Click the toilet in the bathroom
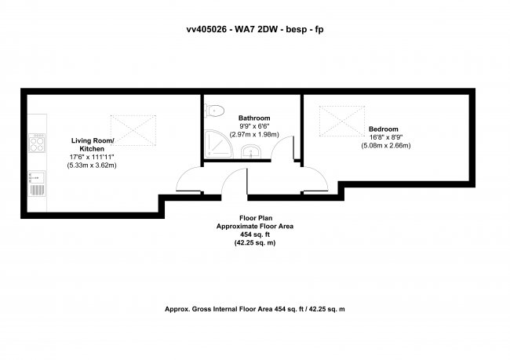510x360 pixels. click(x=214, y=111)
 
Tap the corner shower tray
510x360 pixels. click(x=218, y=144)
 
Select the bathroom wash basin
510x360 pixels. click(x=250, y=152)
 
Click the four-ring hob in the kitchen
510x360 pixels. click(x=37, y=143)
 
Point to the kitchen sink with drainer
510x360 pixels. click(x=37, y=184)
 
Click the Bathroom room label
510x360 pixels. click(x=254, y=118)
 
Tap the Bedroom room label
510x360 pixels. click(x=384, y=129)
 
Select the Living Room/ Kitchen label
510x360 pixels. click(x=93, y=145)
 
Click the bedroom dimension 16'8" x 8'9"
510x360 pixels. click(x=386, y=137)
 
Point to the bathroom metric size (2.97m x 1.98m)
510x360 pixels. click(x=254, y=134)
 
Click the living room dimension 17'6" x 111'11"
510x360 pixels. click(x=92, y=157)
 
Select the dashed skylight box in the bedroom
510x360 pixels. click(x=342, y=121)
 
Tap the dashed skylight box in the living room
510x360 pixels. click(x=133, y=130)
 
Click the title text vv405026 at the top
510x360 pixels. click(x=206, y=29)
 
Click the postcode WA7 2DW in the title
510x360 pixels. click(x=257, y=29)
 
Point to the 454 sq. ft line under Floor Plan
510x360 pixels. click(x=255, y=235)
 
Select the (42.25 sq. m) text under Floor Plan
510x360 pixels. click(x=255, y=243)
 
